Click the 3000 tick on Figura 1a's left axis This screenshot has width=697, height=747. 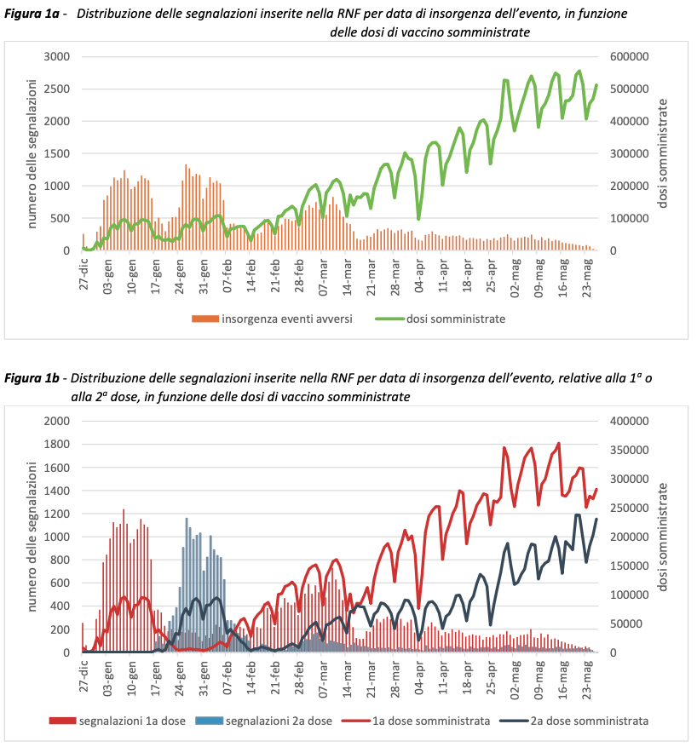56,57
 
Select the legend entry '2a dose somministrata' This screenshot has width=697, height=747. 589,721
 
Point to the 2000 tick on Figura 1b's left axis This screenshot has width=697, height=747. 56,421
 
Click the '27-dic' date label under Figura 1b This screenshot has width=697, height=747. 83,676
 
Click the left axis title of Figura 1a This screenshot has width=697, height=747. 32,153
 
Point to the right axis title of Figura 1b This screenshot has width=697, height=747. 664,537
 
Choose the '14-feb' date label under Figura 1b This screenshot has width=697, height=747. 251,676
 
